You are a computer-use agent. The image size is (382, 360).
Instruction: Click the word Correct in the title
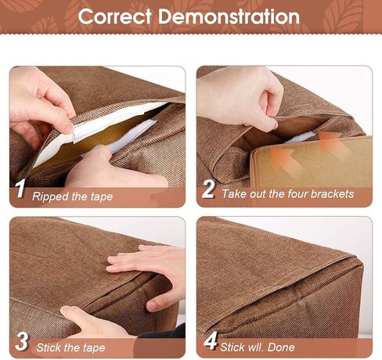click(115, 16)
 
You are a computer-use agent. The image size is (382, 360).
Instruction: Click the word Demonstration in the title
click(229, 16)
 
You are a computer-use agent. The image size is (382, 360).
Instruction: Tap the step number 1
click(20, 189)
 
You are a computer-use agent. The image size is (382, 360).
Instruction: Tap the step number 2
click(208, 189)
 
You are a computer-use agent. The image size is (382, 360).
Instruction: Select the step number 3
click(21, 341)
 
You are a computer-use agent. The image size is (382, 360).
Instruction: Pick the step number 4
click(210, 340)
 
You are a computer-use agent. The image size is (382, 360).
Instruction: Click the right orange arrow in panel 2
click(331, 143)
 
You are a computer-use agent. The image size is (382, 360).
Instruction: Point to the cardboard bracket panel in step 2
click(312, 163)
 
